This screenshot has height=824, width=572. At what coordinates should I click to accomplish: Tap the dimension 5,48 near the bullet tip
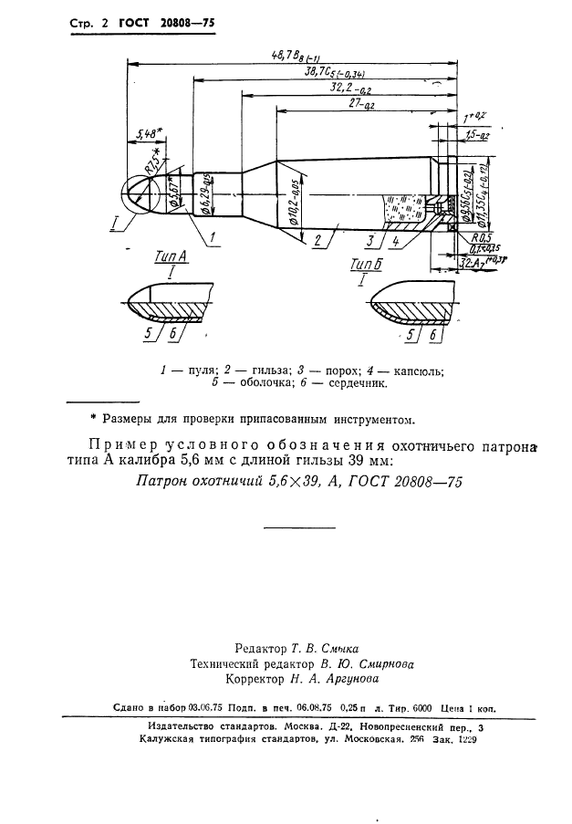[148, 134]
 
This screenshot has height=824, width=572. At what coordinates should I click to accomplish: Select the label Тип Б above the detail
[362, 265]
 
